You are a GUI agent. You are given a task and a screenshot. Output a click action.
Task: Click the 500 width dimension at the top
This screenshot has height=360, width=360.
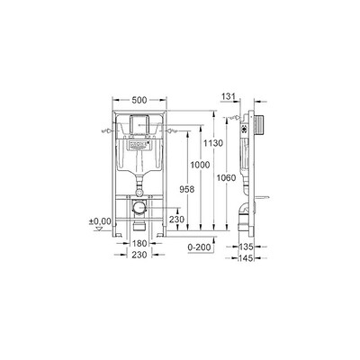(x=139, y=100)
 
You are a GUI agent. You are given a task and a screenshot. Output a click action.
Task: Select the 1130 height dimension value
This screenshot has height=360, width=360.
(x=213, y=143)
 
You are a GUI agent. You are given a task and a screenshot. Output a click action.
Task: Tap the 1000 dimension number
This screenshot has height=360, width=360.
(x=200, y=165)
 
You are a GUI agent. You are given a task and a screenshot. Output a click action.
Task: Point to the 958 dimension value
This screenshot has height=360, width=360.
(x=187, y=189)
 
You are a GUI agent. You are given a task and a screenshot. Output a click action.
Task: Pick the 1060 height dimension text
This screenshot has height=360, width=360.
(x=226, y=178)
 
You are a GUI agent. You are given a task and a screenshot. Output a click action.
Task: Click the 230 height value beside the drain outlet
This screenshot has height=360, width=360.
(x=176, y=220)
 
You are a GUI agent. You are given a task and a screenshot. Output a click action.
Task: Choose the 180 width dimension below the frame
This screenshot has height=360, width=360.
(x=139, y=243)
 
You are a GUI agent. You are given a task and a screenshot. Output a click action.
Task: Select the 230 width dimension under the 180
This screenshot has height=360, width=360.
(x=139, y=255)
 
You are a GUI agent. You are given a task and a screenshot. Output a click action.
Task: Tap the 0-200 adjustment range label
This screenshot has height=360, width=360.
(x=199, y=247)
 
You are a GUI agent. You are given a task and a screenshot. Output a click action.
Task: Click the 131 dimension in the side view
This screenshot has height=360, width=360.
(x=229, y=96)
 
